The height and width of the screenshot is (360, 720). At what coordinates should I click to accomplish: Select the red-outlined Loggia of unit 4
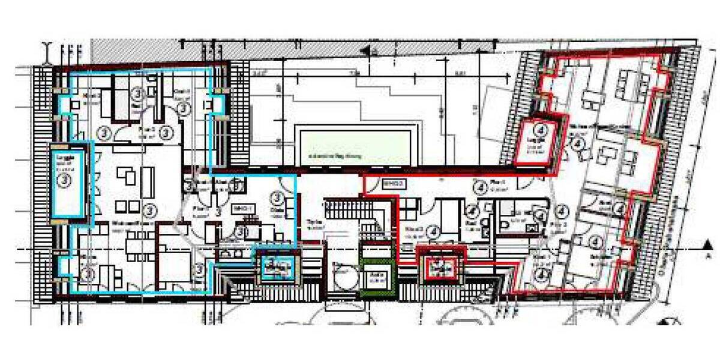541,142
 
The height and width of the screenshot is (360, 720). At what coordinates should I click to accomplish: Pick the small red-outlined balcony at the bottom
442,268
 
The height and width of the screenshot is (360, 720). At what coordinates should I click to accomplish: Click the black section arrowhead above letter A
709,244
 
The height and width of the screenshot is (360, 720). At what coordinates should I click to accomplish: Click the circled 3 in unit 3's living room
148,209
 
